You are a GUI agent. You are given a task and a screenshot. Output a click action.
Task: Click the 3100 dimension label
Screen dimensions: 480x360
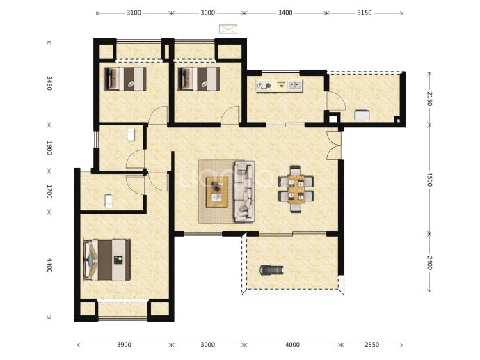pos(134,13)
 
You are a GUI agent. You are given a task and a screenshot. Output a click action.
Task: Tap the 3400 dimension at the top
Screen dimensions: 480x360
pos(285,13)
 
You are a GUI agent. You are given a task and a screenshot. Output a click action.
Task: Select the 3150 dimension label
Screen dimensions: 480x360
pos(365,13)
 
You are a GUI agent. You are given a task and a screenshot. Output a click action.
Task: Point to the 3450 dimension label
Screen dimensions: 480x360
pos(49,83)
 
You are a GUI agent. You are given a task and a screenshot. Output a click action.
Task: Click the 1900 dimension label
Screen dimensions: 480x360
pos(49,148)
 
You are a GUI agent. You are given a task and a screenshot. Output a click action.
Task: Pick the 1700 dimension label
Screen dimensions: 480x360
pos(49,191)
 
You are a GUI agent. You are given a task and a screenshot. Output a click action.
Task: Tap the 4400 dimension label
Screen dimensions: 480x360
pos(49,265)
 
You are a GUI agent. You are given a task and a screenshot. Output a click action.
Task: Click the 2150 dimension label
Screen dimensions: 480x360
pos(429,99)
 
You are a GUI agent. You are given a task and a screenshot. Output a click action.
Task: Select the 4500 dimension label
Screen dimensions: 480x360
pos(429,179)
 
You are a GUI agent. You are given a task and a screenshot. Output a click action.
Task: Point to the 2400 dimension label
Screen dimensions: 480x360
pos(429,263)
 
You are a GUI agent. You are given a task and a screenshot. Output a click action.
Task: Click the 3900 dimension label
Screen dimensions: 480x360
pos(124,345)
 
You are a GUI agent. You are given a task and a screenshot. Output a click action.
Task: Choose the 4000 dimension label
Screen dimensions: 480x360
pos(292,345)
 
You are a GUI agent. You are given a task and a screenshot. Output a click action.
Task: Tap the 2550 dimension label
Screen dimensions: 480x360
pos(371,345)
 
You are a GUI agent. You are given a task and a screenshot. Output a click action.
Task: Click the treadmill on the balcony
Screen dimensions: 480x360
pos(271,270)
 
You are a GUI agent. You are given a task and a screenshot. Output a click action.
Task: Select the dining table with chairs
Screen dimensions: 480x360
pos(296,189)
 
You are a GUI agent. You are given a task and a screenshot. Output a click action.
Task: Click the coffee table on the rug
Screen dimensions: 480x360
pos(217,191)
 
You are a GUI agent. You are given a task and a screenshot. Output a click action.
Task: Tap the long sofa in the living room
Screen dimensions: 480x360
pos(244,191)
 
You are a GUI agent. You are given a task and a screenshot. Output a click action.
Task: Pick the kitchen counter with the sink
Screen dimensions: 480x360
pos(279,85)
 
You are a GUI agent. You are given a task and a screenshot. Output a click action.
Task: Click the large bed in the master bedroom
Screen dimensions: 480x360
pos(107,260)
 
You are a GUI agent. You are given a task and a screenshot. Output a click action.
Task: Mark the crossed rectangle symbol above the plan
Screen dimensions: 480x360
pos(228,29)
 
